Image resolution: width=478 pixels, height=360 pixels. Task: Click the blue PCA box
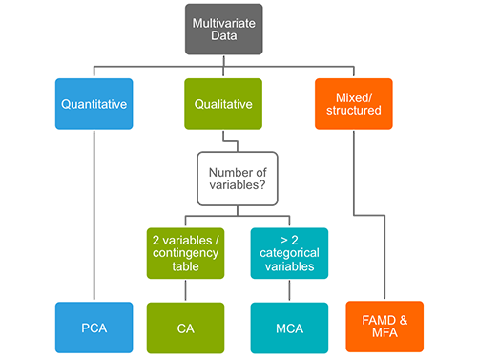coord(94,328)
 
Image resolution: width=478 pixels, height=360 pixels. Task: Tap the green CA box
coord(185,328)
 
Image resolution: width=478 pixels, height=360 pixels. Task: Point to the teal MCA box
coord(289,328)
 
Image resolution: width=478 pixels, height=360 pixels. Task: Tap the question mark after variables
coord(266,185)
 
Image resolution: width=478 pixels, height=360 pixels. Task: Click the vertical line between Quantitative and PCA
coord(94,220)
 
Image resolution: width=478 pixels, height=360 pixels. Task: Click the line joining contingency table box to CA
coord(185,290)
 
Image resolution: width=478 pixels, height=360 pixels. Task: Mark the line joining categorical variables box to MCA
coord(289,290)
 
